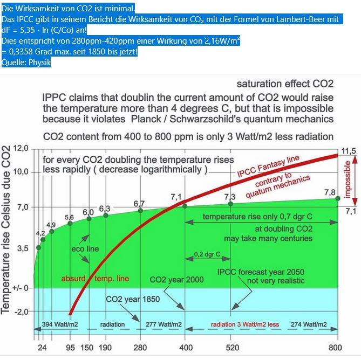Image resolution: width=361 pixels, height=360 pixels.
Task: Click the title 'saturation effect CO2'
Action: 285,84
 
